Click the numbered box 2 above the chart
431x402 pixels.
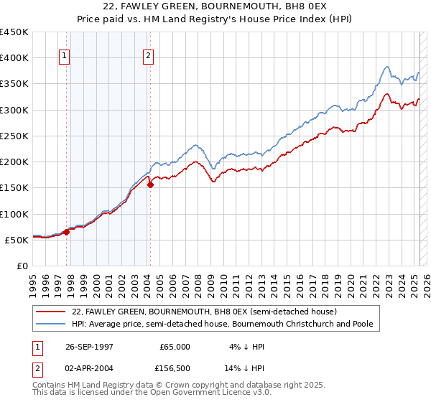pos(148,58)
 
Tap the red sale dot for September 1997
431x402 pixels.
pos(67,232)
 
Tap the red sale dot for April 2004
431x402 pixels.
pos(150,184)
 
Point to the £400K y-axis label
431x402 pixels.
pos(14,57)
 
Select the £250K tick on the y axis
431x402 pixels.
pos(14,136)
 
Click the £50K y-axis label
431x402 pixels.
pos(17,240)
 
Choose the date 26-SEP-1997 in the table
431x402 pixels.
pos(91,347)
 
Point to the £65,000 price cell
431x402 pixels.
pos(175,347)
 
